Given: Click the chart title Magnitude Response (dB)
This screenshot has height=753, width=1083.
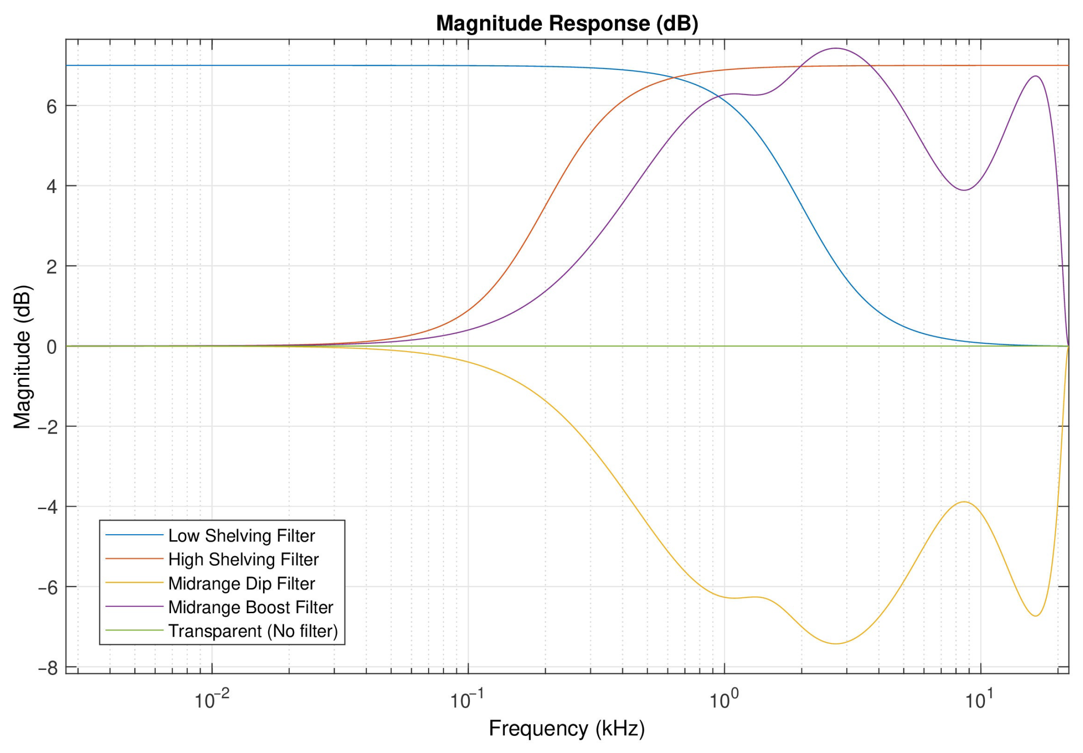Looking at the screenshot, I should pos(567,23).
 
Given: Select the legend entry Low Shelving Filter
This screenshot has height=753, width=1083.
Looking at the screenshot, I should pos(241,536).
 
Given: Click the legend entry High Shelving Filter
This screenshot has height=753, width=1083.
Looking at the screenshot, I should pos(243,559).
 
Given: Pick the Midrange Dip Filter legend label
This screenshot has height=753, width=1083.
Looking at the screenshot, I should pos(241,584).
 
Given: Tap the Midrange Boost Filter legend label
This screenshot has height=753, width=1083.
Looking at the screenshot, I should pos(250,607).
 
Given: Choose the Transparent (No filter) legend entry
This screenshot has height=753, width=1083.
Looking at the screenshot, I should pos(253,631).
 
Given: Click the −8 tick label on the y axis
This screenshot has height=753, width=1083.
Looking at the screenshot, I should pos(47,669).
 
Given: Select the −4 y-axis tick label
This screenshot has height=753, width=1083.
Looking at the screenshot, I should pos(47,508).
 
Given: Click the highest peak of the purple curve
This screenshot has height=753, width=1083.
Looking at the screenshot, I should pos(836,48).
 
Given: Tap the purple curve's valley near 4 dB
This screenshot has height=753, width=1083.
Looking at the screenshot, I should pos(964,190).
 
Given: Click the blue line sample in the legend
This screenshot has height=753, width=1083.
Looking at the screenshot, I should pos(134,535).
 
